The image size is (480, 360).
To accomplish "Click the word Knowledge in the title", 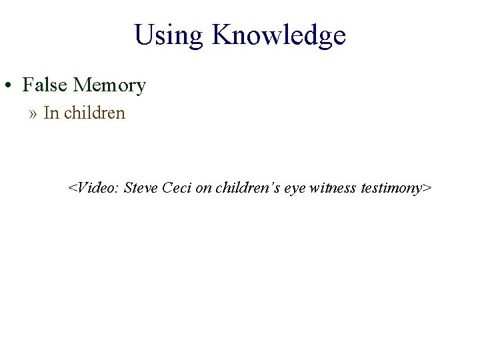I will pyautogui.click(x=279, y=35).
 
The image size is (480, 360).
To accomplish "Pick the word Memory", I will pyautogui.click(x=109, y=86).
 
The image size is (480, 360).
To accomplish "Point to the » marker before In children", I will pyautogui.click(x=33, y=113).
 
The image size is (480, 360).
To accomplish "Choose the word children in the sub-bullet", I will pyautogui.click(x=95, y=113).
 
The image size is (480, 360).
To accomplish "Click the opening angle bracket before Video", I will pyautogui.click(x=72, y=189).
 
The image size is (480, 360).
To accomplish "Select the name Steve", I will pyautogui.click(x=141, y=188).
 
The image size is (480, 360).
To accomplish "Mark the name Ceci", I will pyautogui.click(x=177, y=188).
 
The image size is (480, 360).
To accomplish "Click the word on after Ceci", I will pyautogui.click(x=203, y=188).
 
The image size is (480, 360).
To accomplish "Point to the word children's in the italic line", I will pyautogui.click(x=247, y=188).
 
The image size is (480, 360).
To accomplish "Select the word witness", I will pyautogui.click(x=333, y=188).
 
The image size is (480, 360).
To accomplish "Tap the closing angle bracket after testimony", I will pyautogui.click(x=427, y=189).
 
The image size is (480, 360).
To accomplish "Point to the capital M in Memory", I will pyautogui.click(x=81, y=85).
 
